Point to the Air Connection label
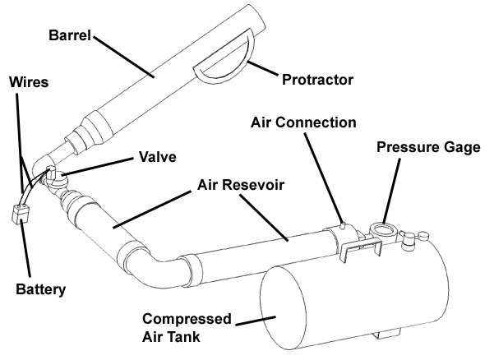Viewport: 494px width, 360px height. (304, 123)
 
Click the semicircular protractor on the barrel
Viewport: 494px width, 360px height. (220, 67)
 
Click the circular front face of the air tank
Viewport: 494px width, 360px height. (293, 311)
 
